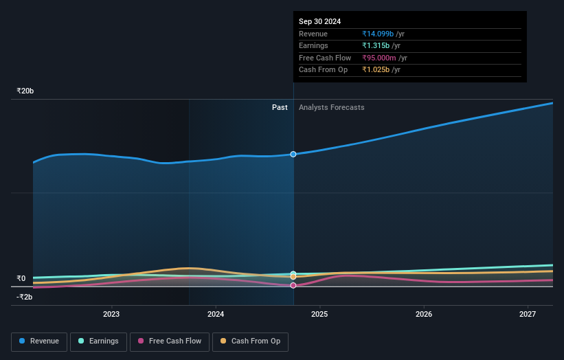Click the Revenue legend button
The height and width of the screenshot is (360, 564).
coord(39,341)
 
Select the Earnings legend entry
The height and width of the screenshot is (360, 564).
coord(98,341)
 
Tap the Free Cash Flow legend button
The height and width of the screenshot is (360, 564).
coord(169,341)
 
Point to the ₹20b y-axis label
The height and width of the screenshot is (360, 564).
coord(25,91)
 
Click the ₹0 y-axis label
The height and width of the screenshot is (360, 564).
coord(21,278)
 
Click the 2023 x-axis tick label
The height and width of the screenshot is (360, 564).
coord(111,314)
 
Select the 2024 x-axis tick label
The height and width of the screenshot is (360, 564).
coord(216,314)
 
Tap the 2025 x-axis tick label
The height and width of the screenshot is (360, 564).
coord(319,314)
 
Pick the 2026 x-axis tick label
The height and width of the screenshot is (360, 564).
coord(424,314)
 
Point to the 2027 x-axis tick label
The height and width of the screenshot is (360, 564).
coord(528,314)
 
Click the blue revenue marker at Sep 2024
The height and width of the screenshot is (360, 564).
coord(293,154)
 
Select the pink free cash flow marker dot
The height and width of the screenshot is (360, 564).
coord(293,285)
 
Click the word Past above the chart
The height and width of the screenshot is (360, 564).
coord(280,107)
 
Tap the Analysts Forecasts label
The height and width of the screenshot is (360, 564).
coord(331,107)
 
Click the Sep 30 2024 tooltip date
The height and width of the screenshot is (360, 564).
coord(319,21)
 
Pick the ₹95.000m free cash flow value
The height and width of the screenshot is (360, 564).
coord(381,58)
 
